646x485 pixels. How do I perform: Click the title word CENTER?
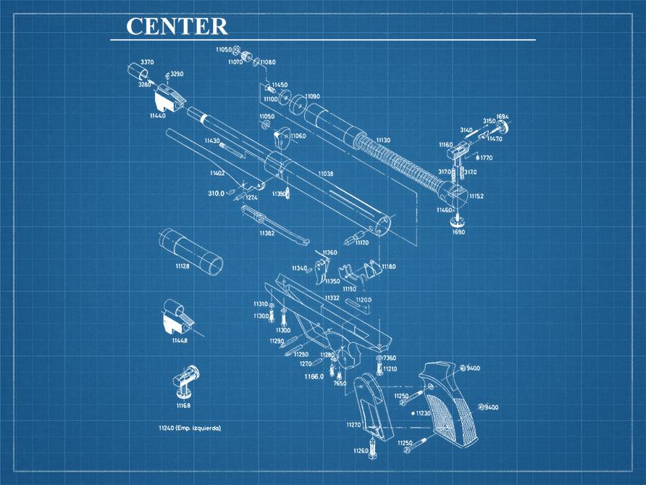[177, 26]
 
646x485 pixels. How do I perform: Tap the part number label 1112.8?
[183, 267]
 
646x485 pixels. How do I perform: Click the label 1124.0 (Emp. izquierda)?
[190, 428]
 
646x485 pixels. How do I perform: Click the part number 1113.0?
[383, 140]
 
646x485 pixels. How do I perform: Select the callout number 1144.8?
[180, 341]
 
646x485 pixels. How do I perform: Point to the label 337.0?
[147, 62]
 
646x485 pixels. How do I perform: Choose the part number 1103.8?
[326, 174]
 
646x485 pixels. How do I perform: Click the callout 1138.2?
[267, 233]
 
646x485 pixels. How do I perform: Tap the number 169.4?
[503, 117]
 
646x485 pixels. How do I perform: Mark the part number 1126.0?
[361, 451]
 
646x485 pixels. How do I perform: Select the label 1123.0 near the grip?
[423, 413]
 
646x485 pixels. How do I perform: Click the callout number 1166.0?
[314, 377]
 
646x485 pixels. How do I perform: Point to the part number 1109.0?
[313, 96]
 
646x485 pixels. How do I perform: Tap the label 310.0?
[216, 194]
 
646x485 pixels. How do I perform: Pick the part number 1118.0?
[389, 267]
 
